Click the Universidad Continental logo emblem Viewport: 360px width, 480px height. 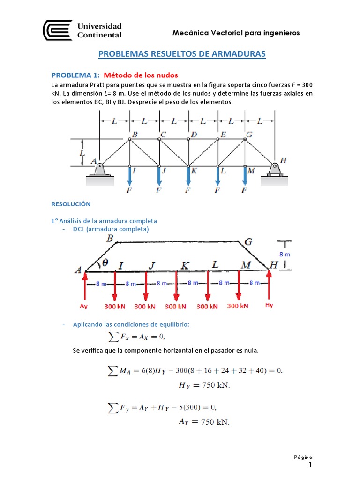coord(58,30)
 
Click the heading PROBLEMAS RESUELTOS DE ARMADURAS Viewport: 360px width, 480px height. coord(182,54)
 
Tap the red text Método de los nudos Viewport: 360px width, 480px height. coord(141,75)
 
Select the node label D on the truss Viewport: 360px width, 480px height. coord(194,135)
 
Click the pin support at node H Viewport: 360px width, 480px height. coord(274,168)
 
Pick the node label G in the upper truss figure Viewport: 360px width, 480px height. coord(249,135)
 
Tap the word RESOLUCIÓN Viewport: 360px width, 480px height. coord(70,204)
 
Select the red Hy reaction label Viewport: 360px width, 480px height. coord(269,305)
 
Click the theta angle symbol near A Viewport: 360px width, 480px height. coord(105,263)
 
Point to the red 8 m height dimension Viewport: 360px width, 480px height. coord(285,254)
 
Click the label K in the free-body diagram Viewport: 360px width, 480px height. coord(185,266)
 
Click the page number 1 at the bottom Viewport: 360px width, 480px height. coord(310,465)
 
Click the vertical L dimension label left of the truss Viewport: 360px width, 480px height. coord(82,153)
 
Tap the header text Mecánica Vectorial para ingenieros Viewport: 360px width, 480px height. coord(236,33)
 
